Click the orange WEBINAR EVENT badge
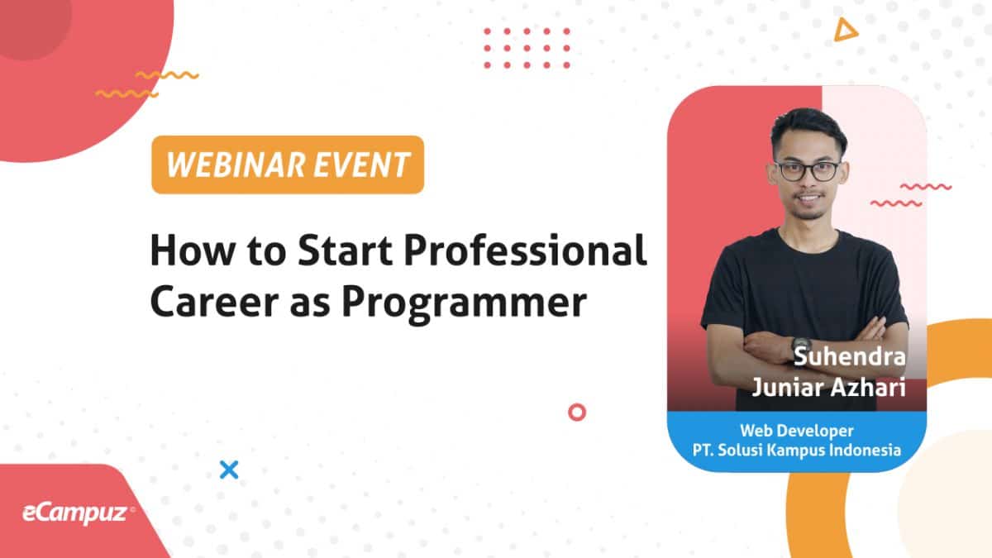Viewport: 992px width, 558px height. pyautogui.click(x=288, y=165)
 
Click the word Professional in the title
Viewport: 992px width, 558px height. pyautogui.click(x=525, y=250)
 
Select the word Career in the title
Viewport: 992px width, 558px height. pyautogui.click(x=214, y=301)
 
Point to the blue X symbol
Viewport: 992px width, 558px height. pyautogui.click(x=229, y=470)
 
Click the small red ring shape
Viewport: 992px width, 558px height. pyautogui.click(x=577, y=413)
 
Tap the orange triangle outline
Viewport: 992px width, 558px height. pyautogui.click(x=845, y=30)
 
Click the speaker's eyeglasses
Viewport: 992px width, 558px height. pyautogui.click(x=807, y=171)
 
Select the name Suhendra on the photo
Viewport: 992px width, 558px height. pyautogui.click(x=850, y=356)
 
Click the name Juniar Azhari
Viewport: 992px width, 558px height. pyautogui.click(x=828, y=387)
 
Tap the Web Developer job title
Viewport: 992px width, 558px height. pyautogui.click(x=797, y=431)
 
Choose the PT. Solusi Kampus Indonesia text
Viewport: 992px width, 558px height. pyautogui.click(x=797, y=450)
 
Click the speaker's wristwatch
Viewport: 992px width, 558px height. pyautogui.click(x=801, y=346)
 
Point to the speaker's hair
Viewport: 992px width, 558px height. pyautogui.click(x=808, y=127)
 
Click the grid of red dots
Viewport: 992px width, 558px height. pyautogui.click(x=527, y=48)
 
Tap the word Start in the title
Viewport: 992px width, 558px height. pyautogui.click(x=345, y=250)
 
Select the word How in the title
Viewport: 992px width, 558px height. pyautogui.click(x=193, y=250)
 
